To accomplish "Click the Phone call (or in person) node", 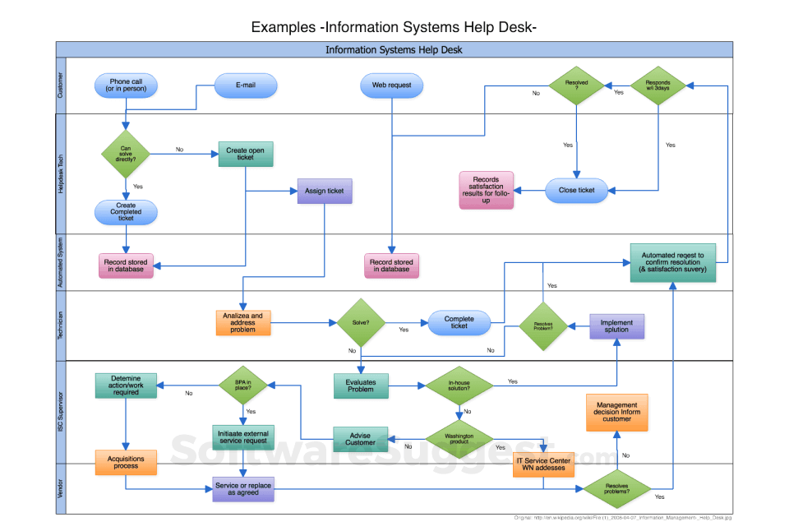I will pos(126,85).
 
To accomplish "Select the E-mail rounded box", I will pos(246,85).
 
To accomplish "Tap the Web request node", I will pos(391,85).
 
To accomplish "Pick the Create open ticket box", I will pos(246,154).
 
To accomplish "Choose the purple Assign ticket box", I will pos(325,191).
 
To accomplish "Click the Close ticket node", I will pos(576,191).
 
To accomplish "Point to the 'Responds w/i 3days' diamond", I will pos(657,86).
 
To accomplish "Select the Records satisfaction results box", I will pos(486,190).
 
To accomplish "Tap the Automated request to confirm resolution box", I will pos(672,262).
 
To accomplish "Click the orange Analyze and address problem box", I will pos(243,322).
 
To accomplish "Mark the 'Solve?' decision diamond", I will pos(361,322).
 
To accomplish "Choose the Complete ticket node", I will pos(459,322).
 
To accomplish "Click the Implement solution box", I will pos(616,326).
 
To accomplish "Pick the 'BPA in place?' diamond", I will pos(243,385).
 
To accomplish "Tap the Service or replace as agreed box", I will pos(242,488).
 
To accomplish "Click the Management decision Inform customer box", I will pos(616,412).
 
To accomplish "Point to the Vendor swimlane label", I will pos(60,488).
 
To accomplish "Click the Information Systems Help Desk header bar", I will pos(394,49).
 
